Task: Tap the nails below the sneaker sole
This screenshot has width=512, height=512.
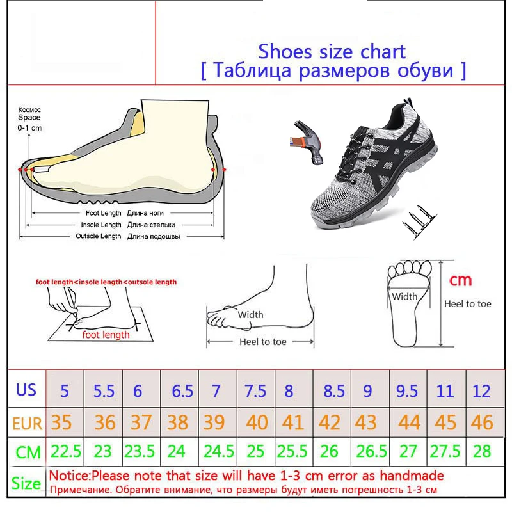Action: point(420,222)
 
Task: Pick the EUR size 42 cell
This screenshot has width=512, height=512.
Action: point(329,422)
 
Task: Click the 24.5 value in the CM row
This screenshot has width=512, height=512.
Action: point(219,451)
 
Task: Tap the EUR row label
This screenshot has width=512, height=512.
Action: point(27,424)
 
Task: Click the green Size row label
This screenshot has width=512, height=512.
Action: point(26,483)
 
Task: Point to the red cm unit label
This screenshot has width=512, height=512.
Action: point(460,280)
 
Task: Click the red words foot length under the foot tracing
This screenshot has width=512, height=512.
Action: point(106,335)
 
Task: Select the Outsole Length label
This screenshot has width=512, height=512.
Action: point(99,236)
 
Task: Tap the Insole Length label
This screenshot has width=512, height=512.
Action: point(101,225)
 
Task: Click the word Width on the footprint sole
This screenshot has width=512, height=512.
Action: point(404,296)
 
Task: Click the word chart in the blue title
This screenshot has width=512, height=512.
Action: point(383,52)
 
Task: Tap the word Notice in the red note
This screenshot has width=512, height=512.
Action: point(69,476)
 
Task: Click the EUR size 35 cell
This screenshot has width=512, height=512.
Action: point(61,422)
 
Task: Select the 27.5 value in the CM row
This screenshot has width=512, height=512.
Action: point(445,451)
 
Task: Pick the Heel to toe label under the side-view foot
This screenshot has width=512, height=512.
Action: point(263,342)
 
